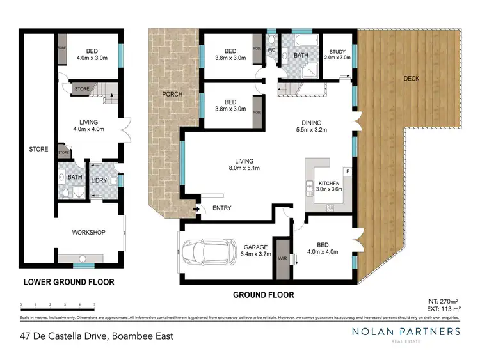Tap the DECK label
click(x=412, y=79)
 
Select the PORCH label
click(x=172, y=95)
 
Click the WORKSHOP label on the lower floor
click(x=89, y=232)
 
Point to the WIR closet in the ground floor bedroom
click(x=282, y=258)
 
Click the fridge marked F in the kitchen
click(x=346, y=171)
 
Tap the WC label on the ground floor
click(x=271, y=49)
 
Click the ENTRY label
click(x=222, y=208)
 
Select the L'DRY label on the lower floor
click(x=99, y=182)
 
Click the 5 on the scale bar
click(x=95, y=304)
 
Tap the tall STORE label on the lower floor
click(x=38, y=149)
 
